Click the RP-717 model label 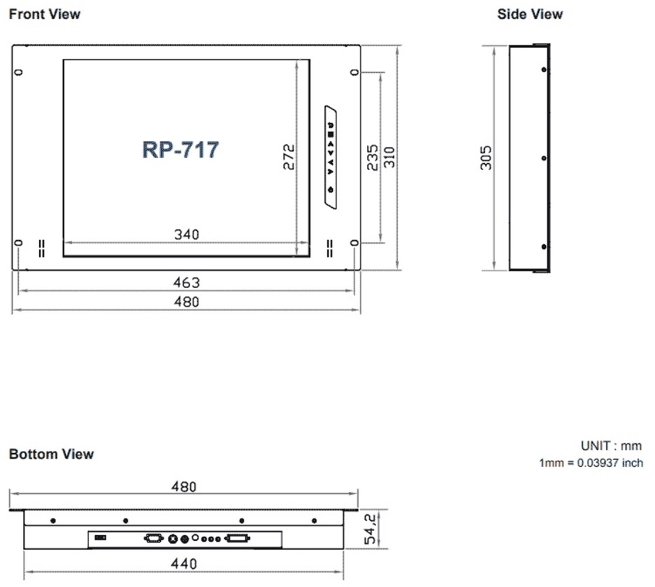click(180, 150)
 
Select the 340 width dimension click(187, 234)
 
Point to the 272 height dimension click(289, 157)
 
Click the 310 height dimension click(389, 157)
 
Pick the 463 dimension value click(187, 282)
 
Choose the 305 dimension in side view click(486, 158)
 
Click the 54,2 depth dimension click(370, 529)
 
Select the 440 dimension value click(184, 564)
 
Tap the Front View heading click(45, 14)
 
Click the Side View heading click(529, 14)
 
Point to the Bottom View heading click(52, 454)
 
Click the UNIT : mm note click(611, 446)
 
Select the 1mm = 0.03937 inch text click(591, 463)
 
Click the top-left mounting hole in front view click(19, 72)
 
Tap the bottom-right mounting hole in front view click(354, 243)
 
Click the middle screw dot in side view click(544, 158)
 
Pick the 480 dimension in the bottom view click(184, 487)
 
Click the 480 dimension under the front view click(187, 302)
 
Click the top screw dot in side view click(544, 70)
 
